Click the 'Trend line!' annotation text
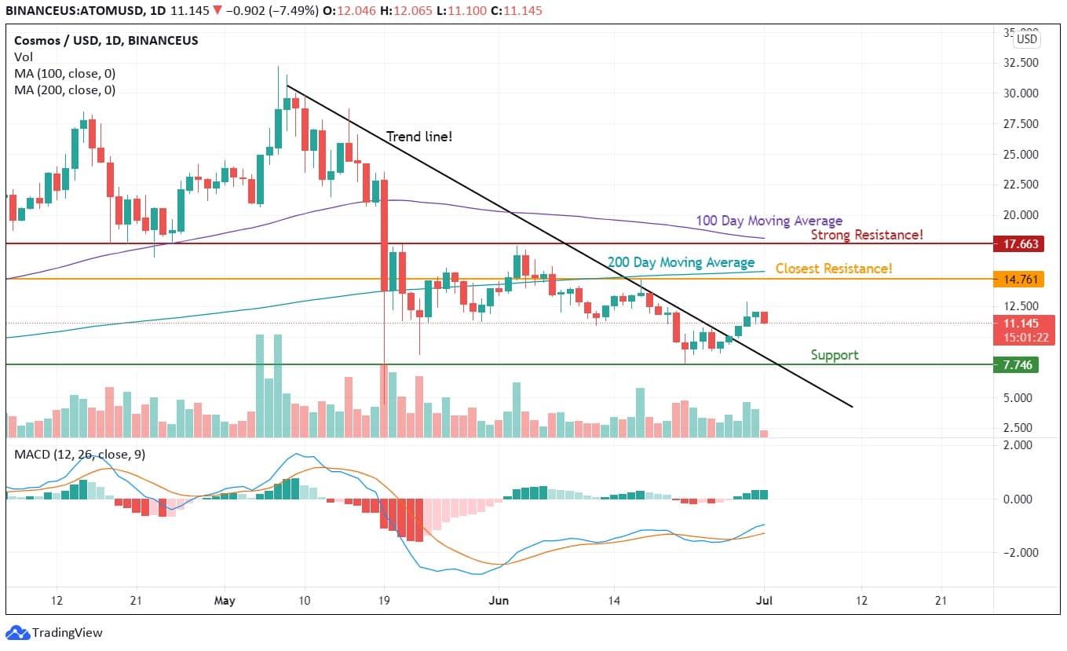point(419,137)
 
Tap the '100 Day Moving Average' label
point(769,221)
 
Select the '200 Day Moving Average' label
point(681,262)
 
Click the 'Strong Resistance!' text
point(866,235)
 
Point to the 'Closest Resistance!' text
point(834,269)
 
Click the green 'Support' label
point(834,355)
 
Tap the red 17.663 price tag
point(1020,243)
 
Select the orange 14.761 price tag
point(1020,279)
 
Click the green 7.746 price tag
point(1020,364)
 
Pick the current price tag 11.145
point(1020,323)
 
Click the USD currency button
point(1026,39)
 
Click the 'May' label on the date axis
point(225,601)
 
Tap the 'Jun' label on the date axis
point(497,601)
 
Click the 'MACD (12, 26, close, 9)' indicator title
point(79,454)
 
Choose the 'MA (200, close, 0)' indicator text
point(64,90)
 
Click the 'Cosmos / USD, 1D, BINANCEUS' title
point(106,40)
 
